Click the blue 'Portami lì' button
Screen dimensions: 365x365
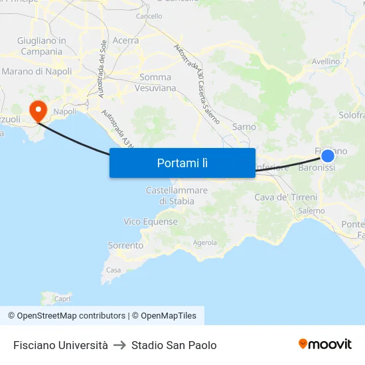182,163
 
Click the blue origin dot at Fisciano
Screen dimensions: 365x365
328,155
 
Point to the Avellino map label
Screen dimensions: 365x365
326,62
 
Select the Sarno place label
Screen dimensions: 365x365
244,127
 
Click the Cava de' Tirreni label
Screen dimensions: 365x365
286,197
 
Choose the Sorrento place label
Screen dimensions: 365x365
125,246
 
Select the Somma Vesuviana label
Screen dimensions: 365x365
155,82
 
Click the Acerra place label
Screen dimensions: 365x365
125,40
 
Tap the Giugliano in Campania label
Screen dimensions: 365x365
41,46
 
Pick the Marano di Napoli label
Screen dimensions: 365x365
36,71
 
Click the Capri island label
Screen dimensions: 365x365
62,299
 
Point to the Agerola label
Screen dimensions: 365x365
204,243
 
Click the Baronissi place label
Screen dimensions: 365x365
317,169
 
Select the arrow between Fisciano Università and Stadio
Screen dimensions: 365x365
119,345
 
